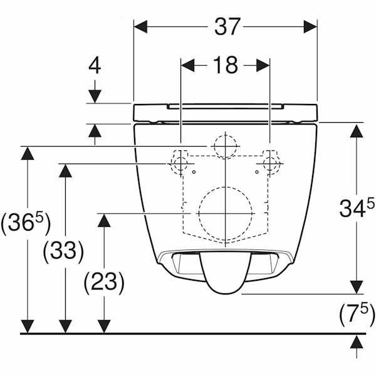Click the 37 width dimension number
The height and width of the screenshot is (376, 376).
(227, 26)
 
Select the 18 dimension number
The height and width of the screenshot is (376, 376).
(226, 65)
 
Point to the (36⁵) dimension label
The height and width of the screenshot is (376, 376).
(26, 224)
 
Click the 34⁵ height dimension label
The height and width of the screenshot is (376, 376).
(357, 207)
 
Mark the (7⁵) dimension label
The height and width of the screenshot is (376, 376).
(357, 314)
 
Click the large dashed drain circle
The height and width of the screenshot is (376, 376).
(199, 214)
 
